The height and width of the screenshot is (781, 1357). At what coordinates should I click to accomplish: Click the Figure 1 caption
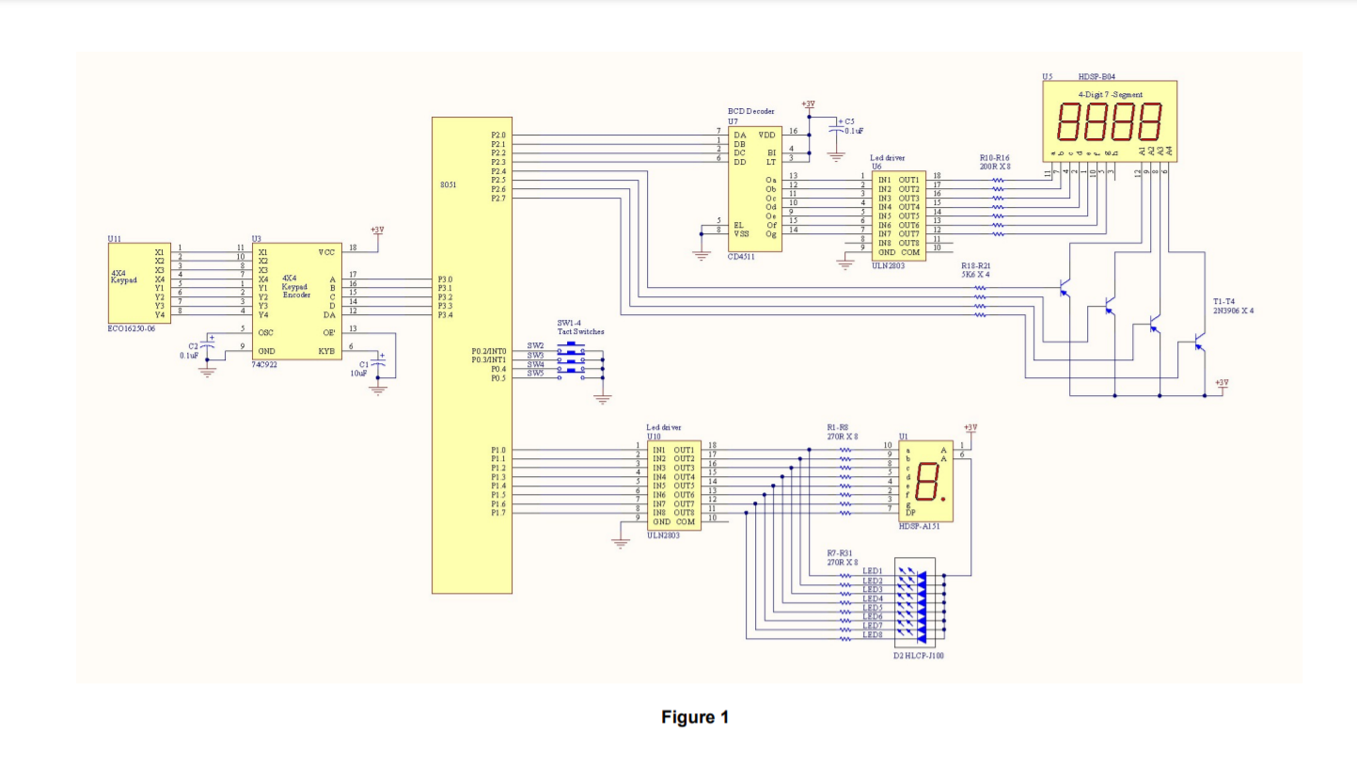point(695,718)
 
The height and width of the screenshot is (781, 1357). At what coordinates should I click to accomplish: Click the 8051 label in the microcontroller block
point(449,185)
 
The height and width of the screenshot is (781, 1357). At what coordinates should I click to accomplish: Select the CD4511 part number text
point(740,256)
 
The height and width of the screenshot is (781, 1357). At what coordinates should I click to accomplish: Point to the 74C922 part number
point(264,362)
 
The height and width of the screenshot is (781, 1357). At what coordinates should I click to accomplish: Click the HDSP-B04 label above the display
point(1097,76)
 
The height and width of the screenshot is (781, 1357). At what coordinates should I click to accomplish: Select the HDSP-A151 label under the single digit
point(920,527)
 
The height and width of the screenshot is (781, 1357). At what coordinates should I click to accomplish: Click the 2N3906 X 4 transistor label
point(1233,310)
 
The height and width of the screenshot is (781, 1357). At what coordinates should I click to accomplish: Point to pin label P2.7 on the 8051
point(498,199)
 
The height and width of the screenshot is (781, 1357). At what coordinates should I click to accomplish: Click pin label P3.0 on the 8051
point(445,279)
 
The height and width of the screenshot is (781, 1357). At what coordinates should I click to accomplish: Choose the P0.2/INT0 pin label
point(489,351)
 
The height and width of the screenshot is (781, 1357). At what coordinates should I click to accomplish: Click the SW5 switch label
point(535,375)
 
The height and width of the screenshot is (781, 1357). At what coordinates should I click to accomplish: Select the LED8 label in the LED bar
point(873,635)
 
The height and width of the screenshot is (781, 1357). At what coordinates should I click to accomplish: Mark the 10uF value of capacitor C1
point(357,373)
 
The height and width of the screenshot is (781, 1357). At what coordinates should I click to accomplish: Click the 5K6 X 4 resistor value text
point(976,275)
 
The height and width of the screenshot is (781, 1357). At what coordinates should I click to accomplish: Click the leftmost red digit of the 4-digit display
point(1069,121)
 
